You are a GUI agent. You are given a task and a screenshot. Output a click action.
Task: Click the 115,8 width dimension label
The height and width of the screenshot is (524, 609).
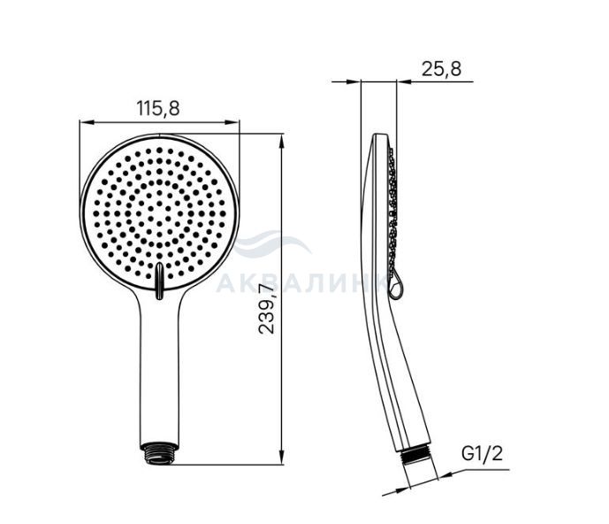coord(157,108)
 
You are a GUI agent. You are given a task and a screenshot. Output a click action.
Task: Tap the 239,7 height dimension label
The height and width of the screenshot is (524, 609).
coord(266,309)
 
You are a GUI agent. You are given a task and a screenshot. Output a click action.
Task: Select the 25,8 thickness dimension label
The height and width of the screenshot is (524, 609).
coord(442,69)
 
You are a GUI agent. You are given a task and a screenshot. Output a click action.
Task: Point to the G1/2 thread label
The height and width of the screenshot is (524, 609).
coord(482,453)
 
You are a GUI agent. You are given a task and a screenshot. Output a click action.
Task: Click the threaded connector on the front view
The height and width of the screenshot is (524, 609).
coord(159,453)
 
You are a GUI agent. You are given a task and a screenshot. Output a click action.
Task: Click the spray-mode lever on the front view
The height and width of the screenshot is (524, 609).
coord(159,281)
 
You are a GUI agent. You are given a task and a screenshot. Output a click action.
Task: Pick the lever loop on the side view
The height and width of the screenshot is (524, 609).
coord(396,287)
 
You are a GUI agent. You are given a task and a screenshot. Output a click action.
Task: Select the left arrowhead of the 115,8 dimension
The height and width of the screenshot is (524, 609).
coord(87,122)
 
